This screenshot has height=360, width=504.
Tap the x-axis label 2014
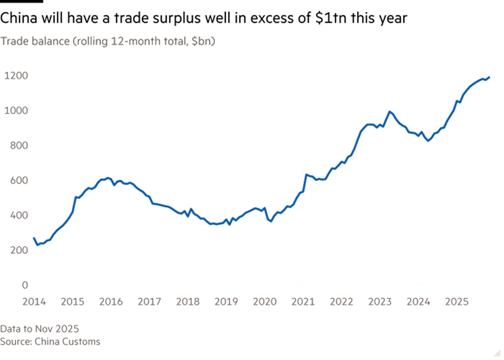click(34, 302)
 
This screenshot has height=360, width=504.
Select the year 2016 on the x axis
click(110, 302)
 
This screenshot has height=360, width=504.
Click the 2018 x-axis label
click(188, 302)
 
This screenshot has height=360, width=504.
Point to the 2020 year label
click(264, 302)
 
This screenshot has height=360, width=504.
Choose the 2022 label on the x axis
click(341, 302)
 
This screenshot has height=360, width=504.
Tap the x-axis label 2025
click(456, 302)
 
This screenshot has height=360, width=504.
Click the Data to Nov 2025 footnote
click(40, 328)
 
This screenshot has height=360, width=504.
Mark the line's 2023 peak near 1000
click(390, 111)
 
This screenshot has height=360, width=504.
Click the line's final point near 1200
click(490, 77)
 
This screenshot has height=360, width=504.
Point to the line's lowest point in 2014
click(36, 245)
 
